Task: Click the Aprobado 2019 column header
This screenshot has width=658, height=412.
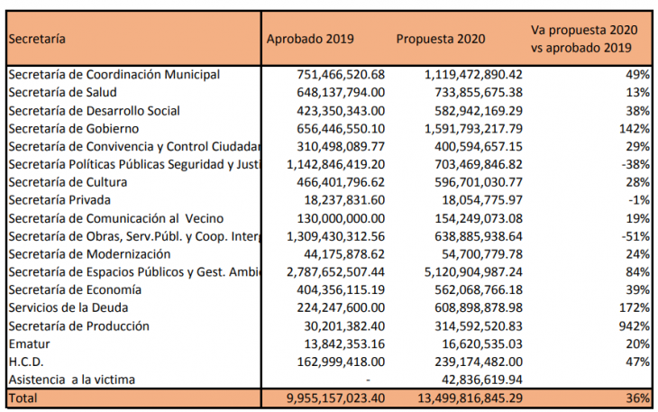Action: tap(310, 39)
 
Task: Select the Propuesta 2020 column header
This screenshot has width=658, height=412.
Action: tap(441, 39)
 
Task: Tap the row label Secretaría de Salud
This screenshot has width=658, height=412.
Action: tap(62, 92)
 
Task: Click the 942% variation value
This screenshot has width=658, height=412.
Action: tap(634, 326)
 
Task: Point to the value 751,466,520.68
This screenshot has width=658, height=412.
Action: tap(341, 75)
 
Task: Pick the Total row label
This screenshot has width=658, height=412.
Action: tap(23, 398)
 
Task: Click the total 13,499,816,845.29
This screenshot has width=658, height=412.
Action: tap(470, 398)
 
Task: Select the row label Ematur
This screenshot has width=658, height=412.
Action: tap(29, 344)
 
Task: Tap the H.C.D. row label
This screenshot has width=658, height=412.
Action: tap(26, 362)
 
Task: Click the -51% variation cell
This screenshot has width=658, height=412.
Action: tap(635, 236)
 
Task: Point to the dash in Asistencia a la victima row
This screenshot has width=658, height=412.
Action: tap(368, 380)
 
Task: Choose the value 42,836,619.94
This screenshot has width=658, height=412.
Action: tap(482, 380)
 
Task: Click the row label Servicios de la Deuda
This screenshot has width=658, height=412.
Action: tap(68, 307)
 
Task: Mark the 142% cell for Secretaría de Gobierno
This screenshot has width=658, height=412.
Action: tap(634, 128)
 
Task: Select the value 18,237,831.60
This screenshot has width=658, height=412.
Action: tap(344, 200)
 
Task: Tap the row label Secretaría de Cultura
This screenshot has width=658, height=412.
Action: tap(68, 182)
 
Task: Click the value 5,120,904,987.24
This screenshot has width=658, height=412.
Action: tap(473, 272)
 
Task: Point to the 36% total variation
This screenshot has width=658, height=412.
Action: tap(638, 398)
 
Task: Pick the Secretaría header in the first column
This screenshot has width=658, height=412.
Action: tap(37, 39)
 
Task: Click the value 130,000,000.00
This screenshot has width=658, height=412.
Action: tap(341, 218)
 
